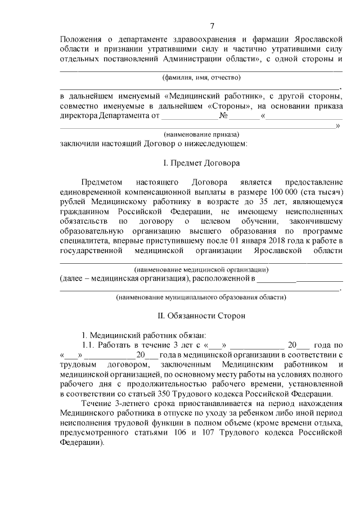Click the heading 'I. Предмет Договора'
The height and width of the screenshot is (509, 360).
201,164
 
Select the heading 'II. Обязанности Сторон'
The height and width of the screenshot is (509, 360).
201,316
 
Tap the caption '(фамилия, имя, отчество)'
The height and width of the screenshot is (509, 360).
201,77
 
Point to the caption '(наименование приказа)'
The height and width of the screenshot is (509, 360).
201,134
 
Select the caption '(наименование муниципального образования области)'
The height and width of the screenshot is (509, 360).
201,296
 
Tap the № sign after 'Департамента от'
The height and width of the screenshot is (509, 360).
224,116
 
